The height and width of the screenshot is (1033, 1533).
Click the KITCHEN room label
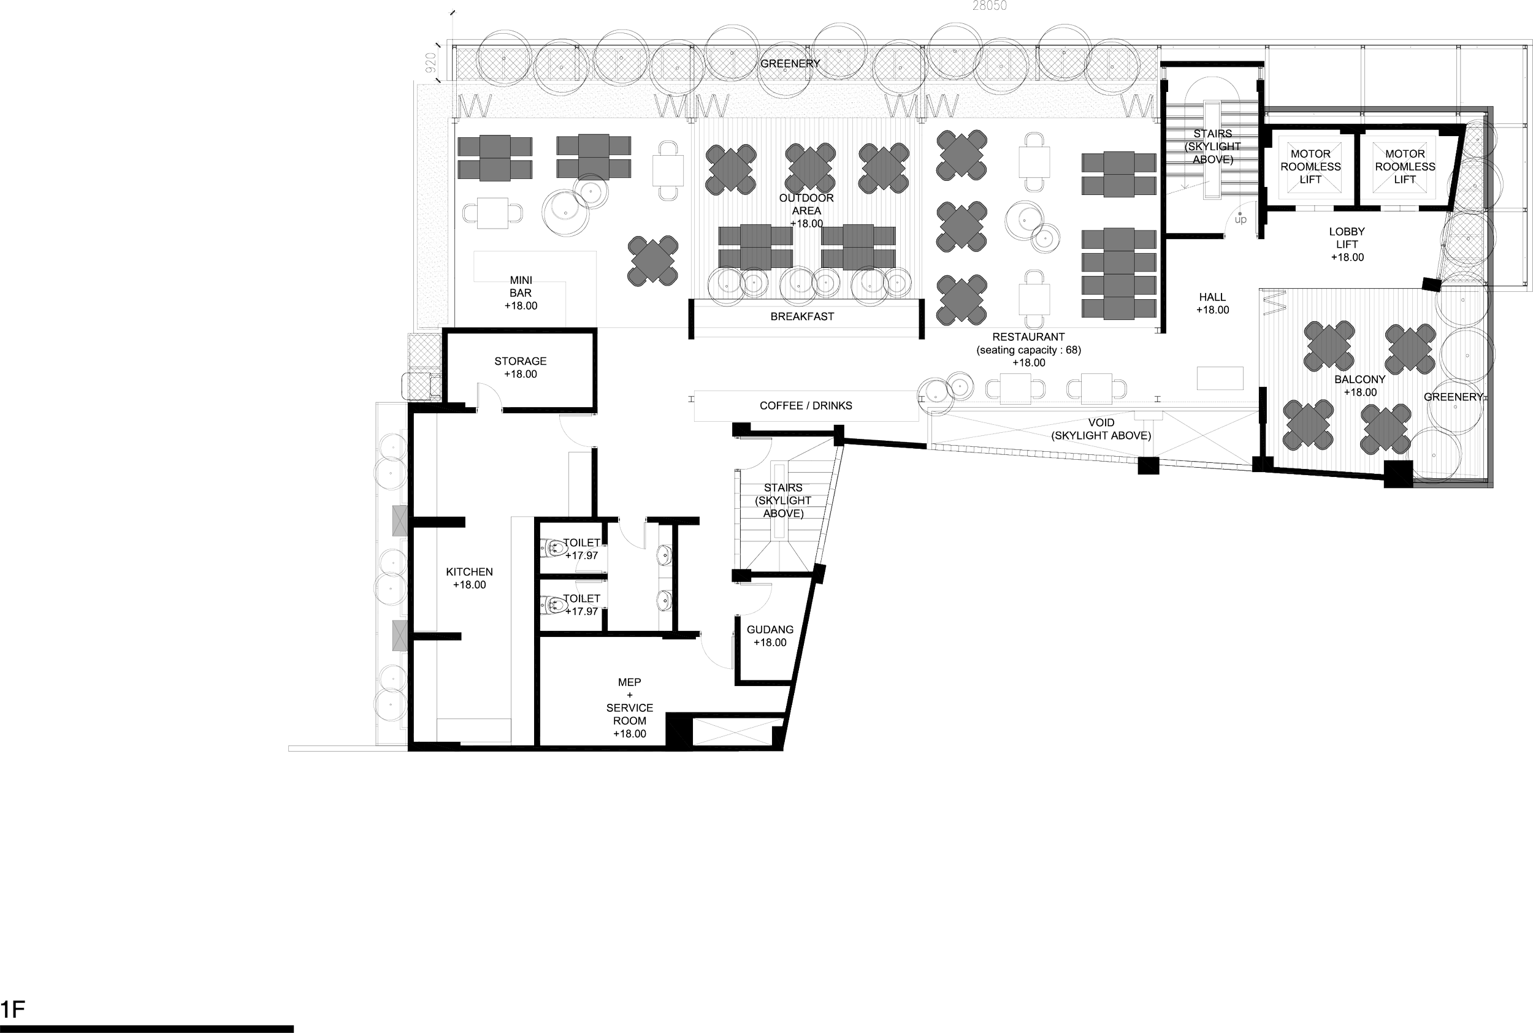click(x=470, y=577)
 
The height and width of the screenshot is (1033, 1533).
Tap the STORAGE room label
click(x=521, y=367)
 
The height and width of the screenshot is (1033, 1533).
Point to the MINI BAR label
click(x=521, y=292)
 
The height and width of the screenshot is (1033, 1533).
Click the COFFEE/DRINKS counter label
click(x=806, y=406)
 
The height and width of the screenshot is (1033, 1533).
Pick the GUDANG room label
click(x=770, y=636)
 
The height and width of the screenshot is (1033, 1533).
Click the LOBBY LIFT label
click(x=1347, y=244)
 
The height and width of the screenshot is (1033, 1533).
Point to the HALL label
click(x=1212, y=303)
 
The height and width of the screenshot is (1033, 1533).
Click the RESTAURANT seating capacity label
click(x=1028, y=349)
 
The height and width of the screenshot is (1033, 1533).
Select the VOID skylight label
click(x=1101, y=429)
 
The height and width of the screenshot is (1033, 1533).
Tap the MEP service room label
click(x=630, y=707)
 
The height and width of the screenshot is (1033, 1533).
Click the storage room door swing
click(x=488, y=398)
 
